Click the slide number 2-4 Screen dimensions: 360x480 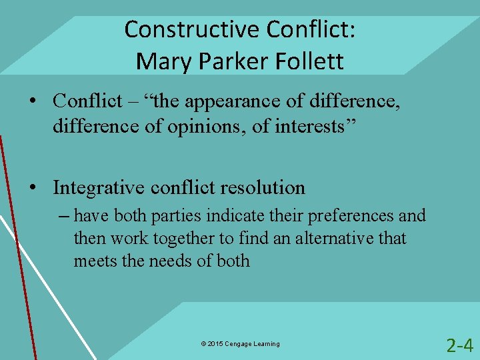click(x=459, y=345)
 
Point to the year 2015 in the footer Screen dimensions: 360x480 click(x=216, y=344)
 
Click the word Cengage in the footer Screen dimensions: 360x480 click(x=239, y=344)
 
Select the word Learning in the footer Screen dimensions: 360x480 click(x=267, y=344)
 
